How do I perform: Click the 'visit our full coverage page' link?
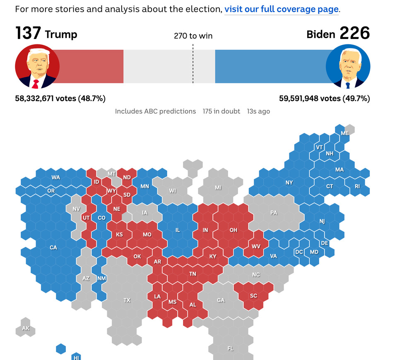click(x=282, y=9)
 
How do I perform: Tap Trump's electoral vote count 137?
click(x=28, y=33)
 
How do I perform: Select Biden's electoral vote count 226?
click(x=355, y=33)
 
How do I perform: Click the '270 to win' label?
click(x=193, y=36)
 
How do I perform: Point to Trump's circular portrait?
click(x=37, y=66)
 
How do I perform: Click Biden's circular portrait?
click(x=348, y=66)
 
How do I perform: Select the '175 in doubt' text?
click(x=221, y=111)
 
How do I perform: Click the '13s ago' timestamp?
click(x=258, y=111)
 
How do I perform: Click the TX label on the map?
click(x=127, y=300)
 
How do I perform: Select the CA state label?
click(x=53, y=248)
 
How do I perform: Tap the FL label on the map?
click(x=231, y=348)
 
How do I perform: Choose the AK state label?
click(x=26, y=329)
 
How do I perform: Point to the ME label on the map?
click(x=345, y=133)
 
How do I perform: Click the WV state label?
click(x=256, y=246)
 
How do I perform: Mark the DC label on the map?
click(x=299, y=252)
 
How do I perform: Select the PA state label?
click(x=274, y=213)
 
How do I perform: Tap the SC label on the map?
click(x=253, y=296)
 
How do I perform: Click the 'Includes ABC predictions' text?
click(x=155, y=111)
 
